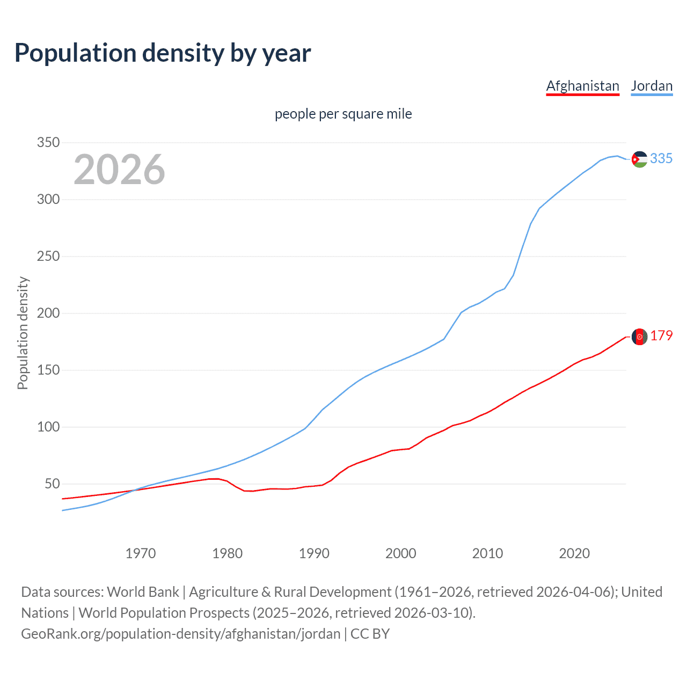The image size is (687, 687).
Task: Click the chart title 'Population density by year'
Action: point(163,53)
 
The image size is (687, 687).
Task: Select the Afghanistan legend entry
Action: point(582,86)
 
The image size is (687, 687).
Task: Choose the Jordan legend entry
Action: point(652,86)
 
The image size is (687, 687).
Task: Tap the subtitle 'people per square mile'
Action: point(343,114)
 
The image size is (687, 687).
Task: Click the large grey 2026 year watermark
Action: point(119,170)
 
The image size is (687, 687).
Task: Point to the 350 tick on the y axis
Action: point(48,143)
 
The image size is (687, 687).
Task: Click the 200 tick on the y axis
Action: point(48,313)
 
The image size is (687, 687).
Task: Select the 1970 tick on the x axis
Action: point(141,553)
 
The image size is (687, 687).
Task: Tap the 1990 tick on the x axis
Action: point(314,553)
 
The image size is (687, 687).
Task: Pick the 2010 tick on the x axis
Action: point(487,553)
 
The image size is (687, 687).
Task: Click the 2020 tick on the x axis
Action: point(574,553)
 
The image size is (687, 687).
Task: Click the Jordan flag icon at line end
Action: point(639,159)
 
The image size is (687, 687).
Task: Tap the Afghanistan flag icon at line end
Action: point(639,337)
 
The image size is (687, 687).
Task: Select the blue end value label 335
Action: point(661,158)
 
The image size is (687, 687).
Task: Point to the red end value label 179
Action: point(661,335)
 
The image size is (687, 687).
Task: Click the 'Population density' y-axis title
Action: point(23,333)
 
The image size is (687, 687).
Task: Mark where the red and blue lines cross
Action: point(133,490)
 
